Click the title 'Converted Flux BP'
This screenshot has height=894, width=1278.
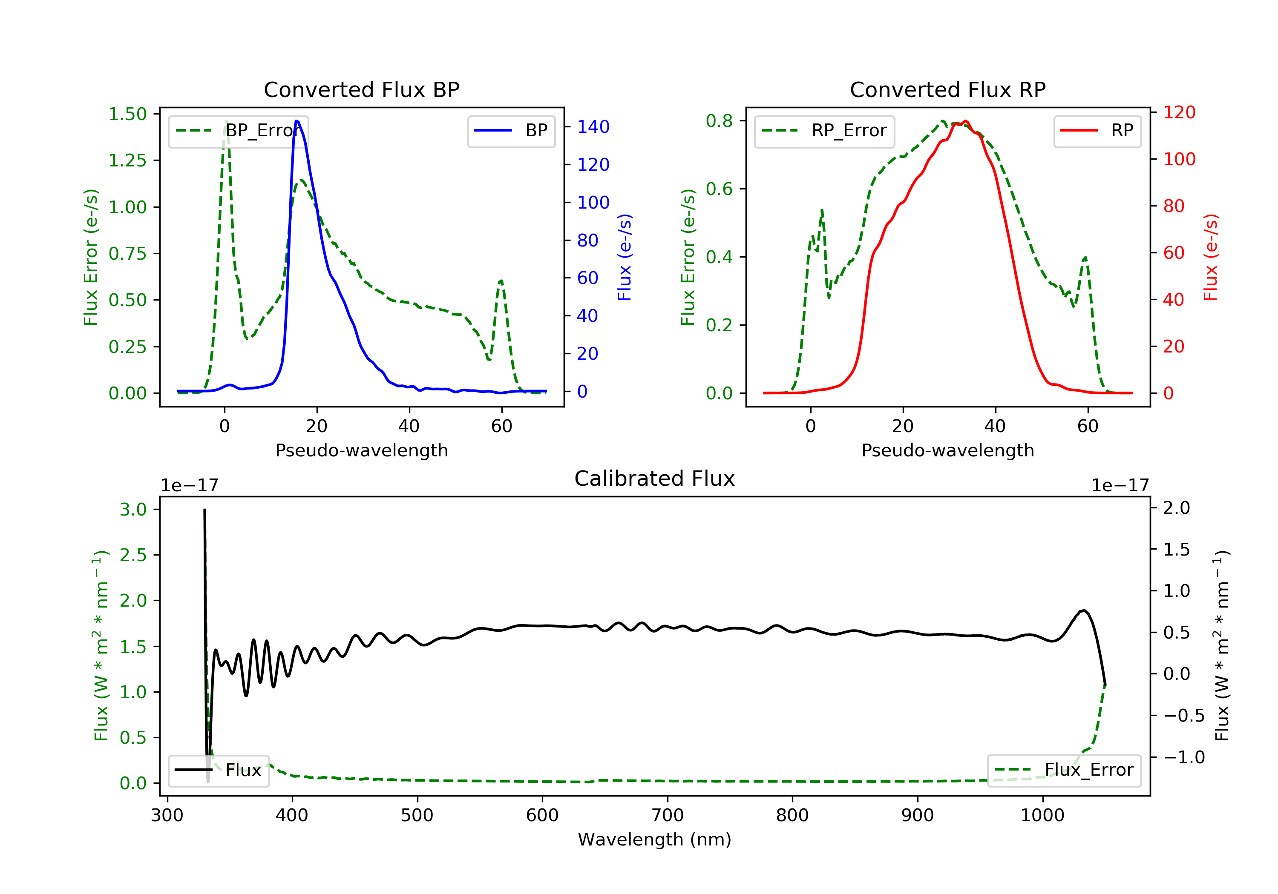click(x=362, y=89)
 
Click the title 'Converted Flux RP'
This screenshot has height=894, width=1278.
click(x=948, y=89)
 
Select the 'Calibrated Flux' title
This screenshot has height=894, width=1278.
click(x=655, y=479)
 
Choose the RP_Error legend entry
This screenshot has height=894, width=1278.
click(x=824, y=131)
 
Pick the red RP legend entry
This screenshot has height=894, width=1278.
click(x=1097, y=131)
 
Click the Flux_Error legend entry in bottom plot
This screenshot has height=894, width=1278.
click(x=1064, y=770)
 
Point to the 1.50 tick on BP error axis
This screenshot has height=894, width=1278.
click(x=127, y=114)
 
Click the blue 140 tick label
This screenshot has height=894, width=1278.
click(x=593, y=127)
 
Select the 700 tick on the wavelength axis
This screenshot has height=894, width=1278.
click(x=668, y=816)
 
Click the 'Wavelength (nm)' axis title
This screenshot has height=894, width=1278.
click(x=655, y=840)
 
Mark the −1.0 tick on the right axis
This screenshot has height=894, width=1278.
click(x=1184, y=757)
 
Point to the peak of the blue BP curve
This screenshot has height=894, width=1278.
click(x=296, y=121)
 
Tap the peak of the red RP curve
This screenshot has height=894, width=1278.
click(x=966, y=121)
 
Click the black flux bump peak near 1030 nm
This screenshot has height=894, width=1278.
click(x=1084, y=610)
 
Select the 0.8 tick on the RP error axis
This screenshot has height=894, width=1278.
click(x=719, y=121)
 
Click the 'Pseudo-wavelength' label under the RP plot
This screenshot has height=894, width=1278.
click(x=948, y=450)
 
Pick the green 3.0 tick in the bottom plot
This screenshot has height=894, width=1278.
click(x=133, y=510)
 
